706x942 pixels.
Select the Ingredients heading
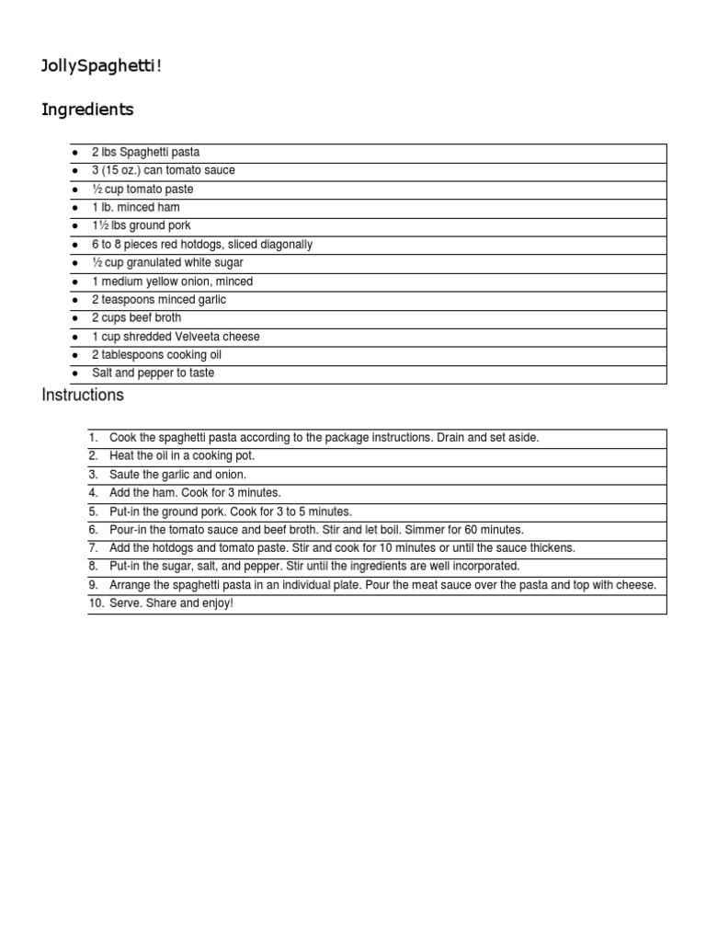[87, 109]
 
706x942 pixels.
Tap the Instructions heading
[83, 396]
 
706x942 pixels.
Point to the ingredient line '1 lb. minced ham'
[136, 208]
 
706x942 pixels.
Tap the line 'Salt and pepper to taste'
[153, 373]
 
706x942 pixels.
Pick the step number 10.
[96, 603]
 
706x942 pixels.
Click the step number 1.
[93, 438]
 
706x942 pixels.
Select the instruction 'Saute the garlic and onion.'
[178, 475]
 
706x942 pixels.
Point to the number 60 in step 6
[473, 530]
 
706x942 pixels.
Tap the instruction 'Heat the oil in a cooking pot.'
[182, 456]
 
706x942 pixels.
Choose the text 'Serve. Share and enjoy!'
[172, 603]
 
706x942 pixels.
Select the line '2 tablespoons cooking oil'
[156, 355]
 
